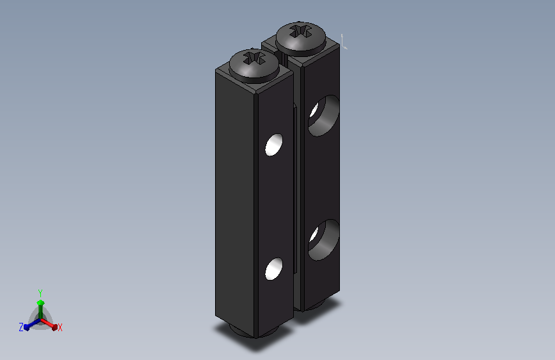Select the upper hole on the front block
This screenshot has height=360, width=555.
point(274,145)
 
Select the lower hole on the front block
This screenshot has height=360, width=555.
point(274,269)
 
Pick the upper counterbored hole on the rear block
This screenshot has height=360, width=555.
point(323,115)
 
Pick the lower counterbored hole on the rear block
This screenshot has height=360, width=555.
point(323,240)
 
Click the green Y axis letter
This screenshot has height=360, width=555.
point(40,293)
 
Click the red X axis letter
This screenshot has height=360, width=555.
point(60,327)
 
